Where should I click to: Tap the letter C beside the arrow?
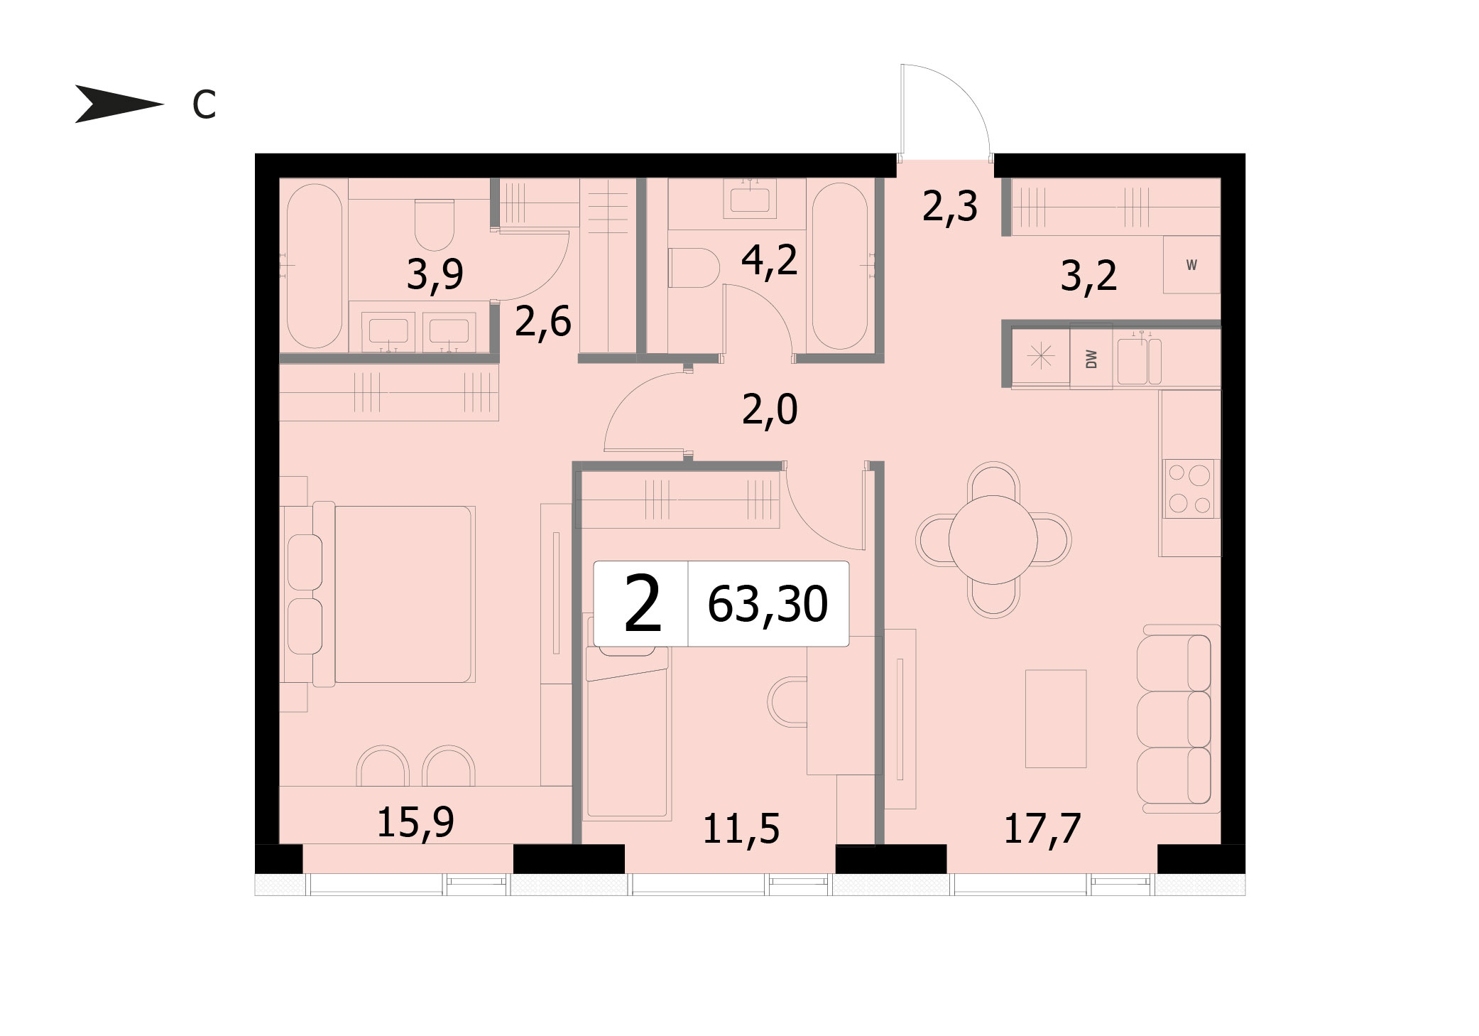(x=204, y=106)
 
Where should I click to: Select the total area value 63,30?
(x=768, y=605)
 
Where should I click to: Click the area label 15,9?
(x=415, y=823)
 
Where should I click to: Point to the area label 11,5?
(x=741, y=829)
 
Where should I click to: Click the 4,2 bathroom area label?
(x=770, y=260)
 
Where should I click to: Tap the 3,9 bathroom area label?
(x=435, y=274)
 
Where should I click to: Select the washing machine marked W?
(x=1191, y=265)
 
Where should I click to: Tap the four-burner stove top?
(x=1191, y=488)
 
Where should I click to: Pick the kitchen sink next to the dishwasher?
(x=1139, y=361)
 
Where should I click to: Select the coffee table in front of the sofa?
(x=1056, y=718)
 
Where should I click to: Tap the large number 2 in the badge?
(x=643, y=604)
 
